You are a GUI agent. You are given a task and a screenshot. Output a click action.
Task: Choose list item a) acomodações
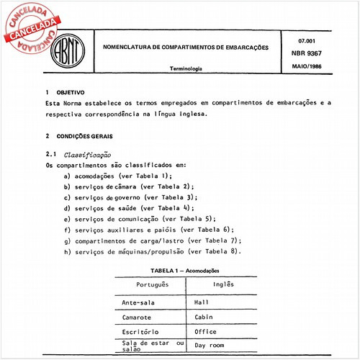(x=117, y=176)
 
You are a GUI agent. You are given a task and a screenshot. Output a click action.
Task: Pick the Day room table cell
(x=210, y=346)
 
